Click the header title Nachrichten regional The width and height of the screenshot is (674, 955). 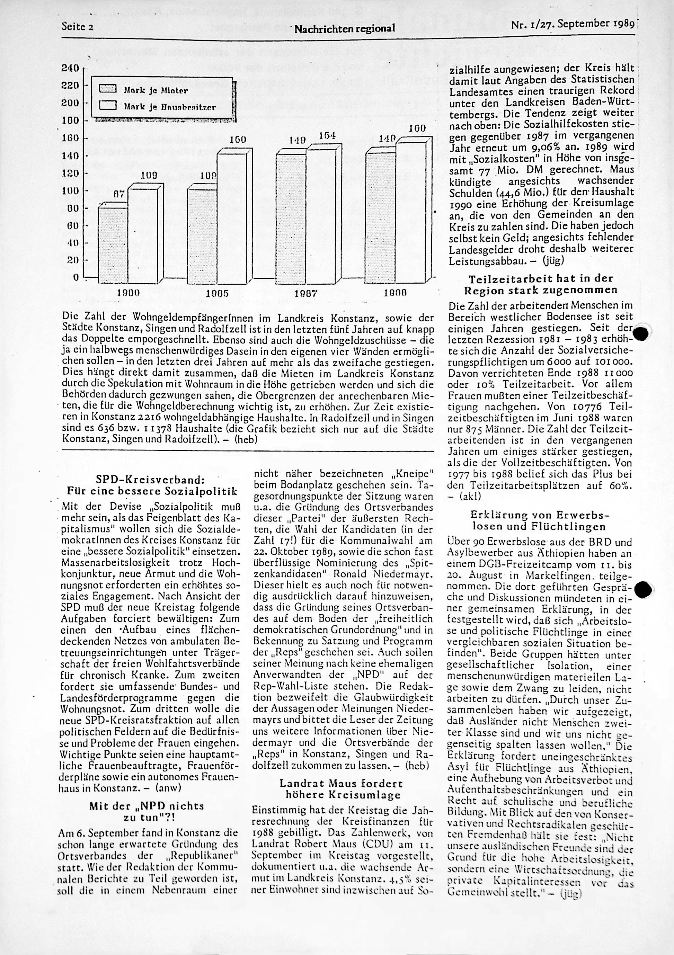[345, 28]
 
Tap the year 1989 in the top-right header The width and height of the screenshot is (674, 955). [623, 25]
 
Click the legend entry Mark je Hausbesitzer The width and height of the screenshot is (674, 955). [170, 107]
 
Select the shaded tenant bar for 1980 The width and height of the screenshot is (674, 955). [113, 246]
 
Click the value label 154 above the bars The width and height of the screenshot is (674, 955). [327, 136]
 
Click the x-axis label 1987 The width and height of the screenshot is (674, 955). [306, 293]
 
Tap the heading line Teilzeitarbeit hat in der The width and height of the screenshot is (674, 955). [541, 279]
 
